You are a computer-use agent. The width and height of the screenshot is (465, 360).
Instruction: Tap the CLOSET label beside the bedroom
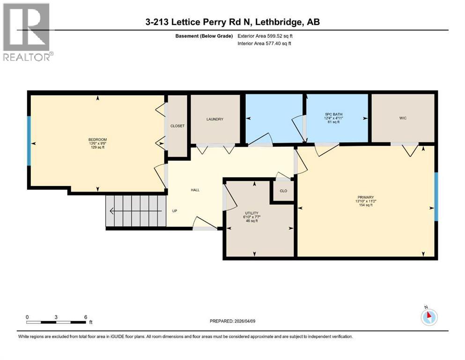(177, 126)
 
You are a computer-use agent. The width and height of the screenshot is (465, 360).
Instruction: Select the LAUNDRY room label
(215, 119)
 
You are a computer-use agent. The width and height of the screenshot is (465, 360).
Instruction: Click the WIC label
(403, 118)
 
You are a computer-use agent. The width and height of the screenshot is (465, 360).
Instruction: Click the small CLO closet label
(283, 191)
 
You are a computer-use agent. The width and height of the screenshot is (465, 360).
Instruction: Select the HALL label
(195, 190)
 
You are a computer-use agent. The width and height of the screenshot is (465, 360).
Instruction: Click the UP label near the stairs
(175, 211)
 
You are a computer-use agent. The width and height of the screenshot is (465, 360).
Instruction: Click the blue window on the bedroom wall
(29, 141)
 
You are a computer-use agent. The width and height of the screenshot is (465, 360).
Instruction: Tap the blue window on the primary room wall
(435, 196)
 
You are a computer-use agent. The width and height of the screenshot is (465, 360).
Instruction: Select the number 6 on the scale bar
(85, 317)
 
